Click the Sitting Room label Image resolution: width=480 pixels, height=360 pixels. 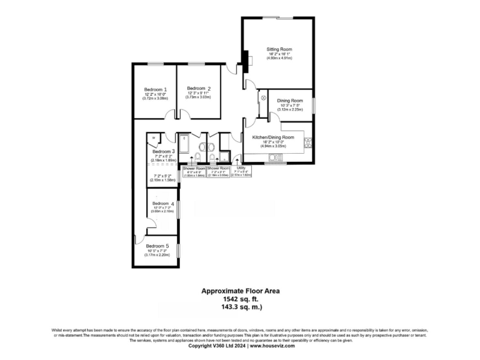(x=279, y=49)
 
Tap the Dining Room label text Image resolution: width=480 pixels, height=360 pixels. (x=290, y=101)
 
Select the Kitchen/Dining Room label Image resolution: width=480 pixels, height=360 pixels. (x=272, y=137)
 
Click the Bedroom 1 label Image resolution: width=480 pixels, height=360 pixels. (x=156, y=89)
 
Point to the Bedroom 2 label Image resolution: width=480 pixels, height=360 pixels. (x=199, y=88)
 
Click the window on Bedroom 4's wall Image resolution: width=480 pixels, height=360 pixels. (x=179, y=208)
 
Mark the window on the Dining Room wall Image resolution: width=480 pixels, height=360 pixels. (x=313, y=103)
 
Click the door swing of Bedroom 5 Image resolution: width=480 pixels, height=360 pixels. (x=140, y=241)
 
